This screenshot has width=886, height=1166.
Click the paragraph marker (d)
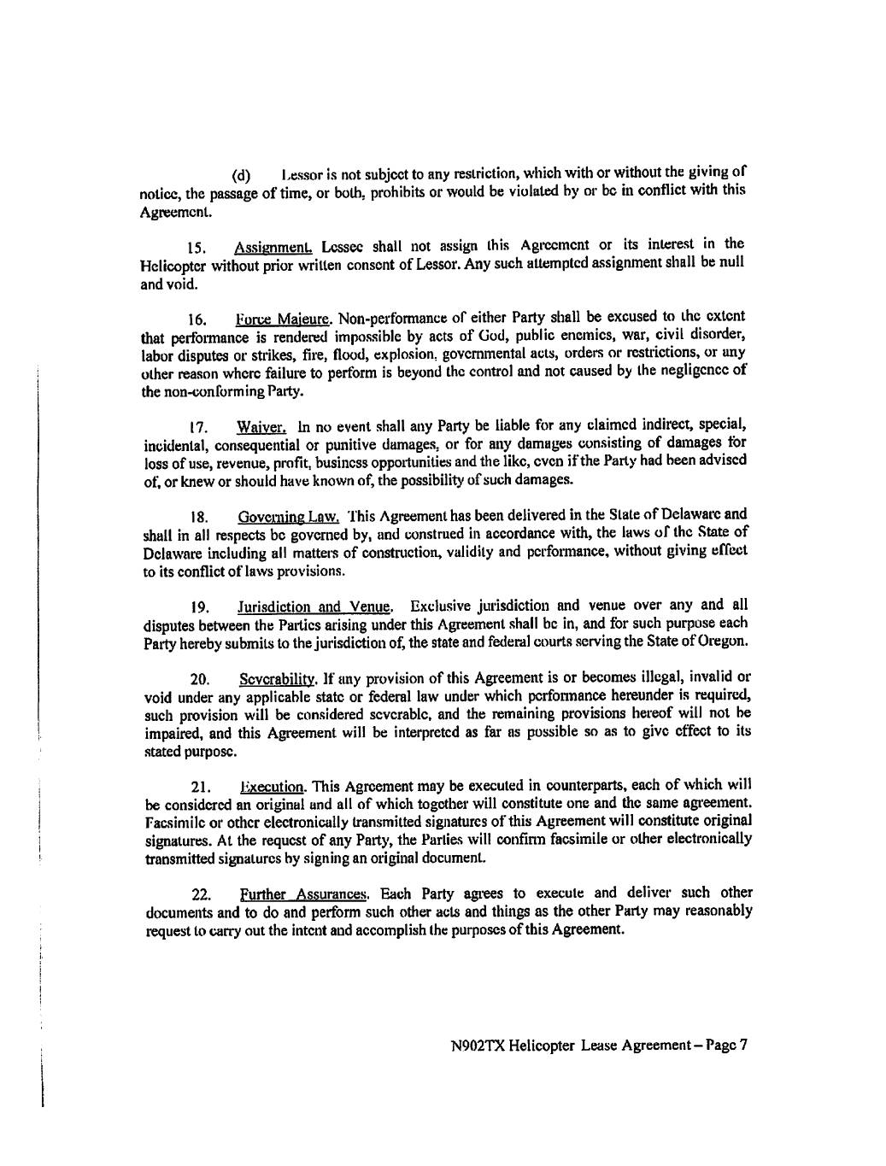click(x=241, y=176)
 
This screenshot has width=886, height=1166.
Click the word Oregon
click(x=725, y=640)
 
